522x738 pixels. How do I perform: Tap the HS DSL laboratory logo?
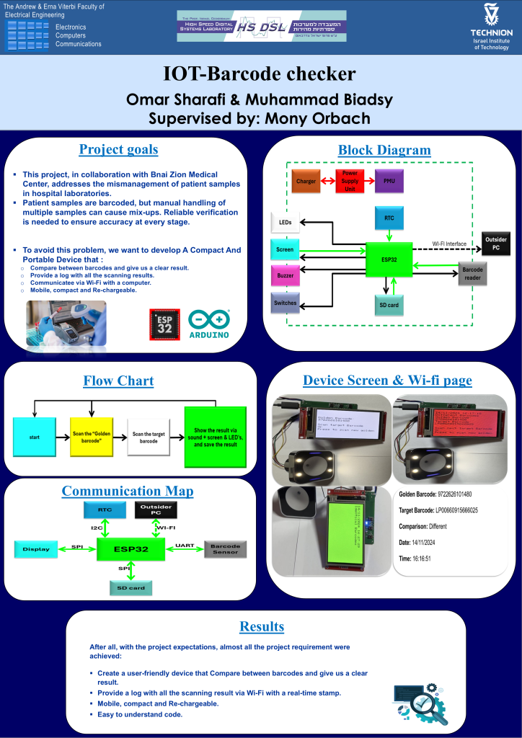262,27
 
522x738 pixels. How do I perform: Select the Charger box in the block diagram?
306,181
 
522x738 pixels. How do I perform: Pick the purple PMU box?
389,181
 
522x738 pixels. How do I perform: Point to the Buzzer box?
286,275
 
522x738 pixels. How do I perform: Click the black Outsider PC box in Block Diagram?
495,244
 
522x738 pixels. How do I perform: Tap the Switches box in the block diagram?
286,303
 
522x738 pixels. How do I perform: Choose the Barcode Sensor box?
226,549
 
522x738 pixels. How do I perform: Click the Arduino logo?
208,324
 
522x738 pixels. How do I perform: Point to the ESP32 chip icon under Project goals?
164,324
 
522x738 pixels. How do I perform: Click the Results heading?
261,626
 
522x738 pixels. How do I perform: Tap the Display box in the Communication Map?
36,549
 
